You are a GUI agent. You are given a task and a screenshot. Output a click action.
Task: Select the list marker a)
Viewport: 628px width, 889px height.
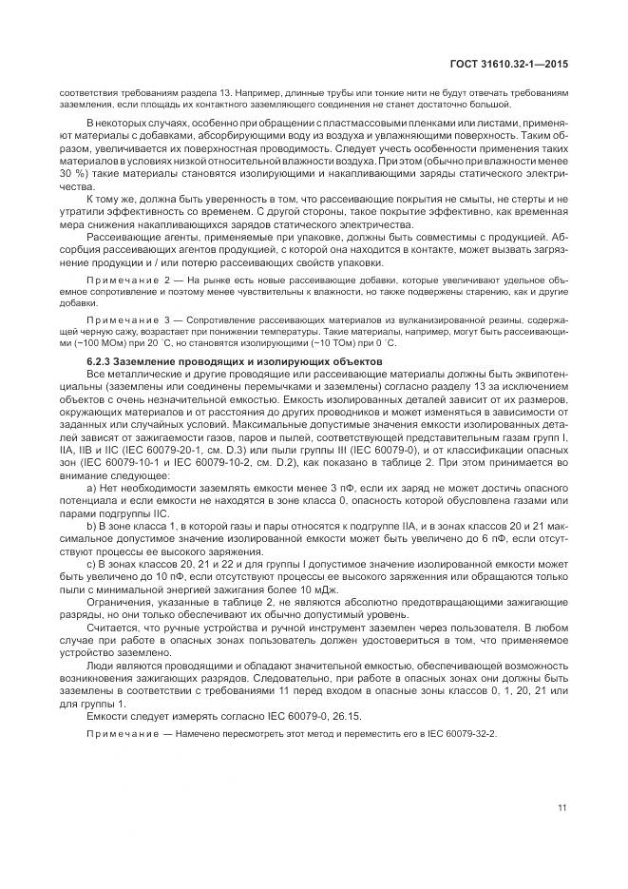click(x=90, y=486)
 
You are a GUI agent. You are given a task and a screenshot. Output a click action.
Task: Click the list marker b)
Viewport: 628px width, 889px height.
click(x=90, y=526)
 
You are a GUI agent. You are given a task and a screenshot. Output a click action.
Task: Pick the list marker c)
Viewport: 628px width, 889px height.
click(x=90, y=566)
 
